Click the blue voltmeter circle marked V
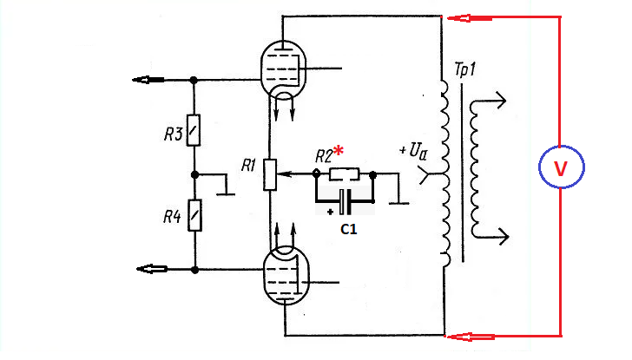tap(539, 167)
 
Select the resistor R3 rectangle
tap(194, 130)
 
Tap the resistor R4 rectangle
tap(194, 215)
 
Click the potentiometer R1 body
tap(270, 174)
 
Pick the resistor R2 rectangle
tap(344, 174)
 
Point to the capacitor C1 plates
tap(345, 202)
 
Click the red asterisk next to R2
tap(339, 151)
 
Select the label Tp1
tap(464, 69)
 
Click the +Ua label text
tap(413, 152)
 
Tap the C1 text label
tap(349, 229)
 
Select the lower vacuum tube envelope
tap(264, 275)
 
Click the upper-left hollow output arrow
tap(148, 80)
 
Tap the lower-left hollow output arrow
tap(152, 269)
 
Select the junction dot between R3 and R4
tap(194, 174)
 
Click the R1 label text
tap(248, 165)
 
